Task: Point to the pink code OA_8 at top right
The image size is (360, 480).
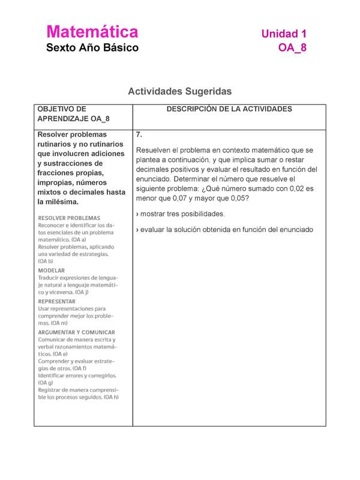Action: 292,48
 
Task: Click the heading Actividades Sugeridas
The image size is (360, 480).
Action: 179,91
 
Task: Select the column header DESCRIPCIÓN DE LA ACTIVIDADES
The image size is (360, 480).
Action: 229,109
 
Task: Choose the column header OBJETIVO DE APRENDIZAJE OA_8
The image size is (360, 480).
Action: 66,114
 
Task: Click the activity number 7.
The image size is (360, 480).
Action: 139,134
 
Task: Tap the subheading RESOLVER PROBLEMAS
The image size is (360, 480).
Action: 70,217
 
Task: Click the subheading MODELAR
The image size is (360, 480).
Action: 52,271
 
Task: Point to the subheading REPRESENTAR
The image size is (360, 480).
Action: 57,301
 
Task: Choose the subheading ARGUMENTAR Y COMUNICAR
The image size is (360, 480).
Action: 77,332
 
